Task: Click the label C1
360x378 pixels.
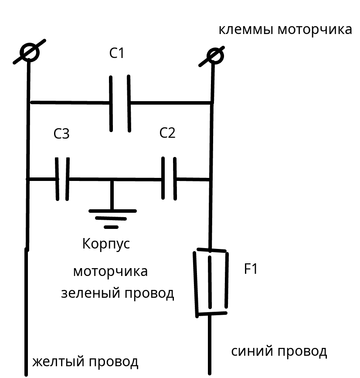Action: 117,53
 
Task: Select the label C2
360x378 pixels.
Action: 167,133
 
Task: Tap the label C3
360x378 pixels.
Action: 61,134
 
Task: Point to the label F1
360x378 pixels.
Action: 251,269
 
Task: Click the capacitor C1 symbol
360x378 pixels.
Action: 120,103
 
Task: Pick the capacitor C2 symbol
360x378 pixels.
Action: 169,178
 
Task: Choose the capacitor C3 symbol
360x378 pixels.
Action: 62,179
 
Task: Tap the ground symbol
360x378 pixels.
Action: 112,218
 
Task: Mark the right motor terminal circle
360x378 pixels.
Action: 214,55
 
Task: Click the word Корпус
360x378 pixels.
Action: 106,244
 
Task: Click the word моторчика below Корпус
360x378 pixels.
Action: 110,271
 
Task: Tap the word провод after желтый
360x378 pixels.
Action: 114,362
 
